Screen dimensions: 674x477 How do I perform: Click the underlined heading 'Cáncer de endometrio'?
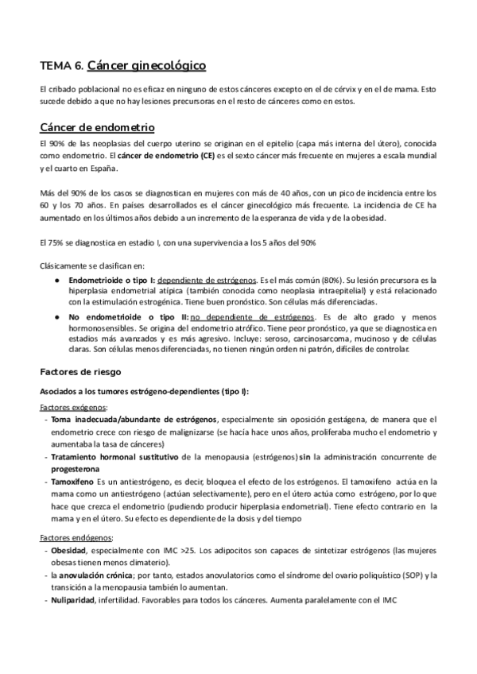(x=96, y=127)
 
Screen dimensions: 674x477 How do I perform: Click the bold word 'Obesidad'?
(x=69, y=551)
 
